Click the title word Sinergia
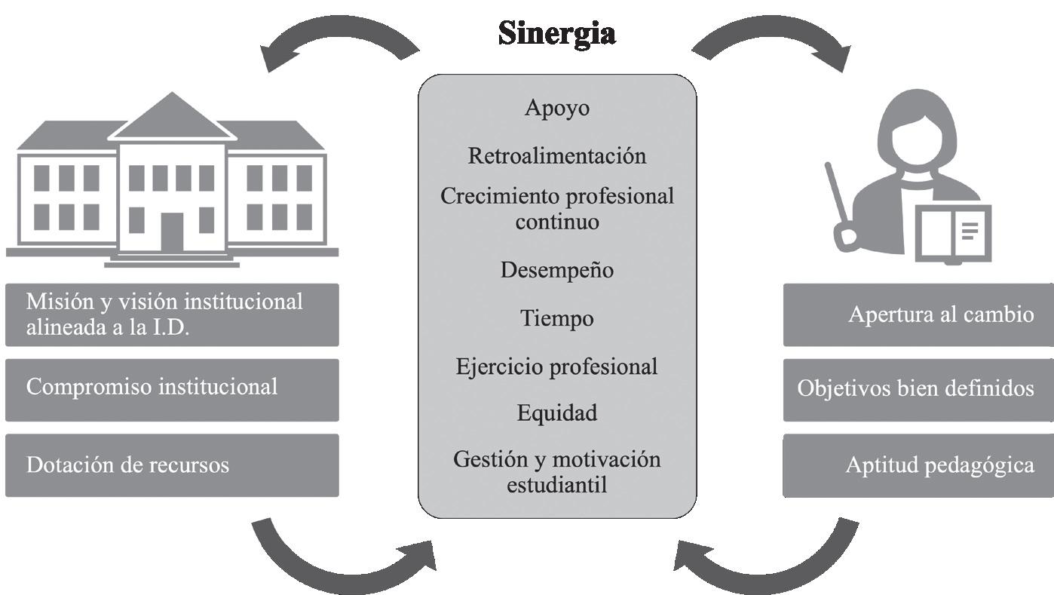click(556, 33)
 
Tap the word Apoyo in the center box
click(556, 108)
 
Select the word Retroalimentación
click(556, 155)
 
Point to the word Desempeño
click(556, 270)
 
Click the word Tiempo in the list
click(556, 318)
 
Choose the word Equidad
click(556, 413)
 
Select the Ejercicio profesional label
click(556, 367)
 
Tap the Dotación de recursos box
click(172, 465)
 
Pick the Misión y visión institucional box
click(172, 314)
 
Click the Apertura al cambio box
click(918, 314)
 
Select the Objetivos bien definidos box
click(918, 389)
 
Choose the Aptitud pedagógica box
click(918, 465)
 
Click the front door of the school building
click(172, 232)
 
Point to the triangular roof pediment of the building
click(172, 121)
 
